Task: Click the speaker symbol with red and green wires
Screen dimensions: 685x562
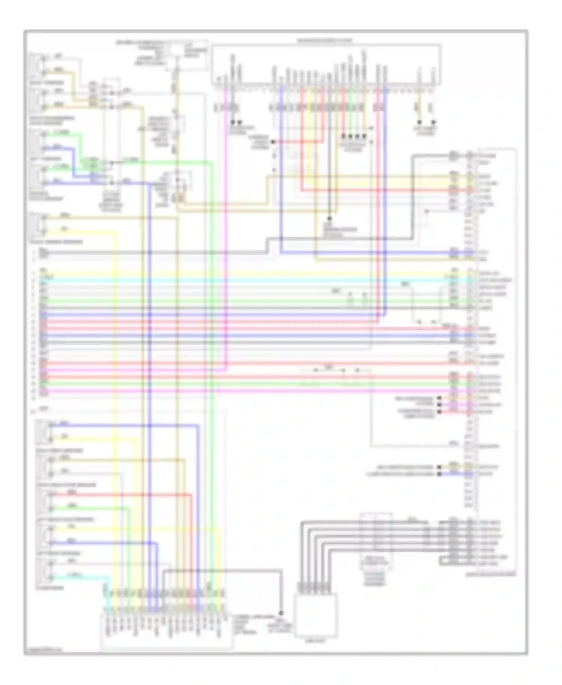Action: coord(44,500)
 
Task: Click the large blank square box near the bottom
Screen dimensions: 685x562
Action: coord(315,615)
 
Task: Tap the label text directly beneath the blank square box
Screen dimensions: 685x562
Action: coord(315,641)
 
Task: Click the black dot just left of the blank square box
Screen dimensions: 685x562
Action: coord(281,613)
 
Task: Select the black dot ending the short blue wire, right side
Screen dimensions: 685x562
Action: coord(439,474)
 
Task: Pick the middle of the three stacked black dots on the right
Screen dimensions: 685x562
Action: coord(439,405)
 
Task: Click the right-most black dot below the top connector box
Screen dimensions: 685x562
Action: coord(433,123)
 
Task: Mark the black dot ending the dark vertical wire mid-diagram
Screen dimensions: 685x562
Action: coord(330,218)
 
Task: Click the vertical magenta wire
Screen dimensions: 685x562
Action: coord(226,225)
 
